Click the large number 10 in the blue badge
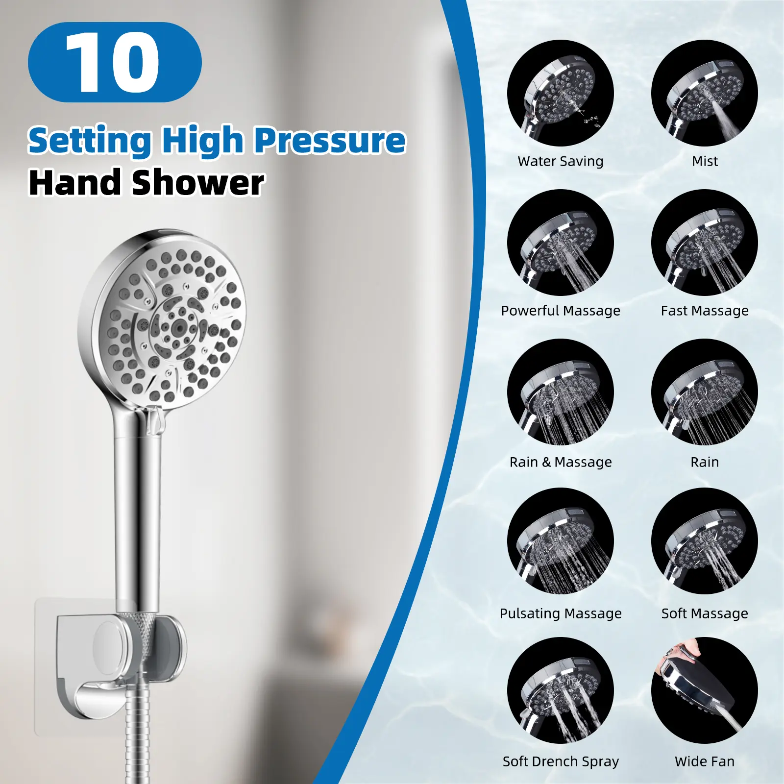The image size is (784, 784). pos(112,62)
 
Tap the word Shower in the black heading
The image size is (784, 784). pos(198,183)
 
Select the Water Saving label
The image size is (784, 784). pos(561,161)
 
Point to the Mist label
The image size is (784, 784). pos(705,161)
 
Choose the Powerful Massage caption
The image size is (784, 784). pos(561,311)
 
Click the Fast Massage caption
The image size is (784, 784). pos(705,311)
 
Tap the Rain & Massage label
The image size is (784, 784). pos(561,462)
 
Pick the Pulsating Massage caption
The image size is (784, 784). pos(561,613)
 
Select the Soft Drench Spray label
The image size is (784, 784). pos(561,761)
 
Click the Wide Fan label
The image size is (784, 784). pos(705,761)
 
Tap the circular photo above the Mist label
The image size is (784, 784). pos(705,93)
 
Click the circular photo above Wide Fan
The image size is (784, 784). pos(705,690)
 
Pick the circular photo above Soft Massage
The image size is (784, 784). pos(705,541)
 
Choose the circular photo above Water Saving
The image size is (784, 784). pos(561,93)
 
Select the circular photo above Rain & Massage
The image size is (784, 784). pos(561,392)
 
